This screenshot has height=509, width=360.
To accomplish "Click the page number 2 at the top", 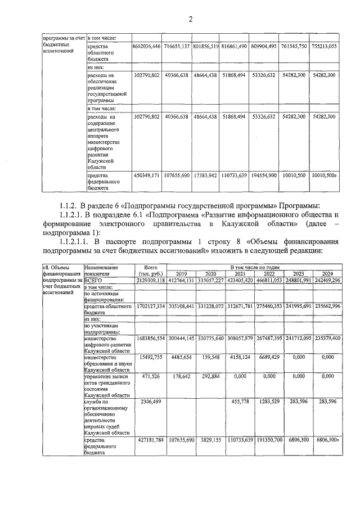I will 190,20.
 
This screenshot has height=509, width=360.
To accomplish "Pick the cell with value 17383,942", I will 205,175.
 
